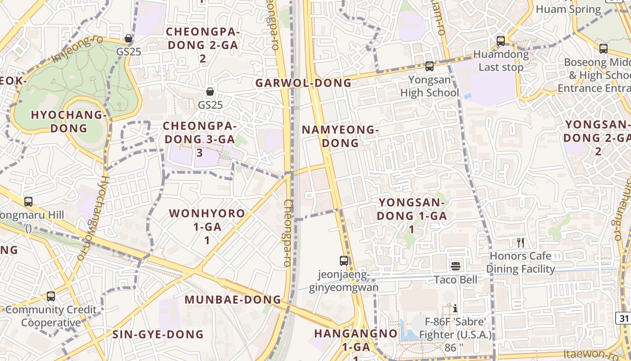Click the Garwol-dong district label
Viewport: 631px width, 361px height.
(x=303, y=83)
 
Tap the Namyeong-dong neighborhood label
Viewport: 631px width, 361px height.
(x=340, y=136)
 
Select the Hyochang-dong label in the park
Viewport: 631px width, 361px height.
(x=69, y=121)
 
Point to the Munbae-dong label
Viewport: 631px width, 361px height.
(x=233, y=300)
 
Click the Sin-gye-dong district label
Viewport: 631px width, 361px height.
(x=158, y=334)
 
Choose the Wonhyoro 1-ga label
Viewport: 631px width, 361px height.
(x=207, y=226)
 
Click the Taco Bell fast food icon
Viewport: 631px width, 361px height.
(x=456, y=266)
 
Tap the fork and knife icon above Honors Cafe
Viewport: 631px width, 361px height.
(x=521, y=243)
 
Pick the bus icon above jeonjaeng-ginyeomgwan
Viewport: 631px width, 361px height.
(x=344, y=260)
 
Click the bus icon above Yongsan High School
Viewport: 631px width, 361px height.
(x=430, y=66)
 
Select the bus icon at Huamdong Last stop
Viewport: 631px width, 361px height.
(x=500, y=41)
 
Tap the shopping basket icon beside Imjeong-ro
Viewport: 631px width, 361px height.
(x=128, y=38)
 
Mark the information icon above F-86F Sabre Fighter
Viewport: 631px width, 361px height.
(x=455, y=309)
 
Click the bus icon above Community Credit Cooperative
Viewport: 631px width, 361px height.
(x=51, y=296)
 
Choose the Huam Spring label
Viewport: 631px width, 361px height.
(x=568, y=9)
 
